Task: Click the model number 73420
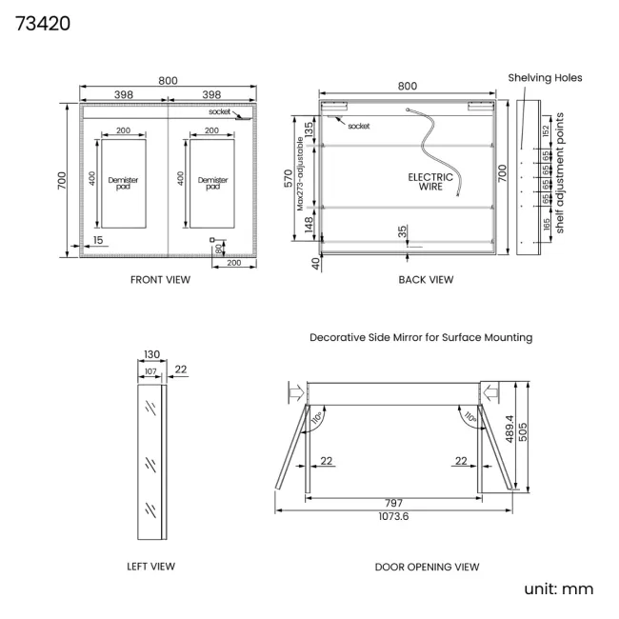point(43,24)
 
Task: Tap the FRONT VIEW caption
point(160,280)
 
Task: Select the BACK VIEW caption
point(426,280)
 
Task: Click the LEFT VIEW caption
point(150,567)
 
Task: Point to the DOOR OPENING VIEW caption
point(427,568)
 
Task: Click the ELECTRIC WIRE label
point(430,182)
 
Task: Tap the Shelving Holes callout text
point(545,78)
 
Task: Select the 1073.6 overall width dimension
point(393,516)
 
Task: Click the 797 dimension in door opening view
point(394,503)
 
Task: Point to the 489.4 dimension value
point(509,429)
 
